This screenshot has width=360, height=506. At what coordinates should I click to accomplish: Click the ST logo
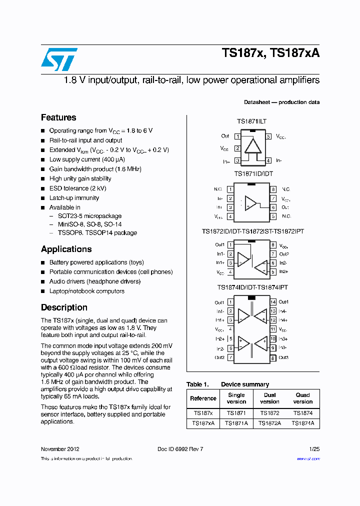tap(59, 59)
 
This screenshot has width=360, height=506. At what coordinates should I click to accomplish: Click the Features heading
tap(58, 118)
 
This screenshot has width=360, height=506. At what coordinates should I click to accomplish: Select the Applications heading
tap(66, 249)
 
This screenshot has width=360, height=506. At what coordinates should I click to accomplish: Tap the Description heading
tap(64, 307)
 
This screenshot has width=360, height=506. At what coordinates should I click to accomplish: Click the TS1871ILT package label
tap(251, 121)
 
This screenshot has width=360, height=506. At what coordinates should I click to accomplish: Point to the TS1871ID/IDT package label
tap(253, 174)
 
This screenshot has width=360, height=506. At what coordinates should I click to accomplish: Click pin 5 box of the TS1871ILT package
tap(268, 136)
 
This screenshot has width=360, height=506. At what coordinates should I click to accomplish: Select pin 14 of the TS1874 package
tap(273, 302)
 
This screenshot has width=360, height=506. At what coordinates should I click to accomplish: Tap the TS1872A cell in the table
tap(269, 423)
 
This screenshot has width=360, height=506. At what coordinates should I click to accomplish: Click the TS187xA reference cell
tap(203, 423)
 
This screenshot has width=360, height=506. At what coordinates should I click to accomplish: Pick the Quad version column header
tap(302, 398)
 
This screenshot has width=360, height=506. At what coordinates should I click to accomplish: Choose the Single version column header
tap(236, 398)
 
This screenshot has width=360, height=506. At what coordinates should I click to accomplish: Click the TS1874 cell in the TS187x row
tap(303, 413)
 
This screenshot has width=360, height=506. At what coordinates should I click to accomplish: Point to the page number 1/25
tap(314, 449)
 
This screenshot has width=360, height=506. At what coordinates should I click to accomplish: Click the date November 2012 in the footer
tap(60, 449)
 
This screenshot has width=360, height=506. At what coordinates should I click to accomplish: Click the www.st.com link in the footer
tap(308, 458)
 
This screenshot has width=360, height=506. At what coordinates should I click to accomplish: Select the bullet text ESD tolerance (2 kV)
tap(77, 188)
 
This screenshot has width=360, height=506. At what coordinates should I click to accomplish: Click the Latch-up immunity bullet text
tap(74, 198)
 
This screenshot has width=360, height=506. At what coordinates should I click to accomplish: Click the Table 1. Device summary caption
tap(227, 384)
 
